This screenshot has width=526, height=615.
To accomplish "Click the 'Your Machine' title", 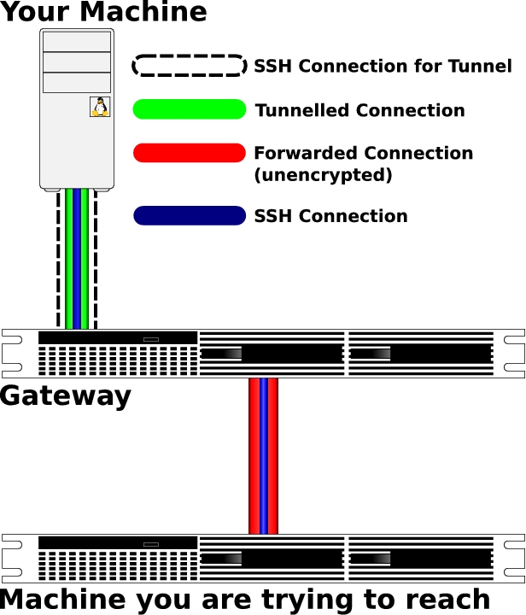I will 103,13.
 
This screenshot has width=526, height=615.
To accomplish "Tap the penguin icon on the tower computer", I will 100,107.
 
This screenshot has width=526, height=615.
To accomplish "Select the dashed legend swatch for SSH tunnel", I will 190,66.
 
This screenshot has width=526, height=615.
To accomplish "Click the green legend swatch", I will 190,109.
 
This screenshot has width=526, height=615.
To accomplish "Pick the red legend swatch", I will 190,153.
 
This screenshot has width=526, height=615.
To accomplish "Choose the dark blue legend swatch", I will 190,215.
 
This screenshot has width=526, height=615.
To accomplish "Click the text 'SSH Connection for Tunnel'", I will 383,67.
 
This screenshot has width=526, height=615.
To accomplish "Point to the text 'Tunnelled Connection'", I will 359,110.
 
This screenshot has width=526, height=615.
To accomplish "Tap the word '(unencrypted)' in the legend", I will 323,175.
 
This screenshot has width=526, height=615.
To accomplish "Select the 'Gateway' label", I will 66,395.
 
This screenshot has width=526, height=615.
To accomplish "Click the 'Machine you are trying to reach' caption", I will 246,599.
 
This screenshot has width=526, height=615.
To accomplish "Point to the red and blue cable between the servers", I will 263,456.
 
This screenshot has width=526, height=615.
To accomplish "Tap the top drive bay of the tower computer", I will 77,42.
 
